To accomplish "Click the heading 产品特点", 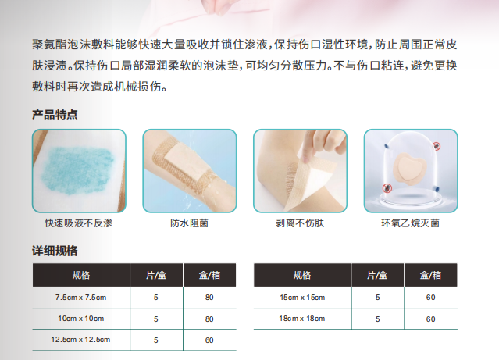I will coord(54,115).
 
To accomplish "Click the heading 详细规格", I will coord(54,251).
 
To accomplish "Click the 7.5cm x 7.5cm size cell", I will coord(80,298).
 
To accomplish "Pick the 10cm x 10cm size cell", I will coord(80,319).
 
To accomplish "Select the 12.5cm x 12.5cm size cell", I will coord(80,340).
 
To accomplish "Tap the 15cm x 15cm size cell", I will coord(301,298).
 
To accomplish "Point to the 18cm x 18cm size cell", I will coord(301,319).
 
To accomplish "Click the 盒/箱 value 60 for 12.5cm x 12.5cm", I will coord(209,340).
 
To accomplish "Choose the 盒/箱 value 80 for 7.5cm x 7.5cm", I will coord(209,298).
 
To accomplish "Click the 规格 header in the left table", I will coord(80,275).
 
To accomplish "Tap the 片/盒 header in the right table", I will coord(377,275).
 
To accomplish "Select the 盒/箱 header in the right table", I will coord(430,275).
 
